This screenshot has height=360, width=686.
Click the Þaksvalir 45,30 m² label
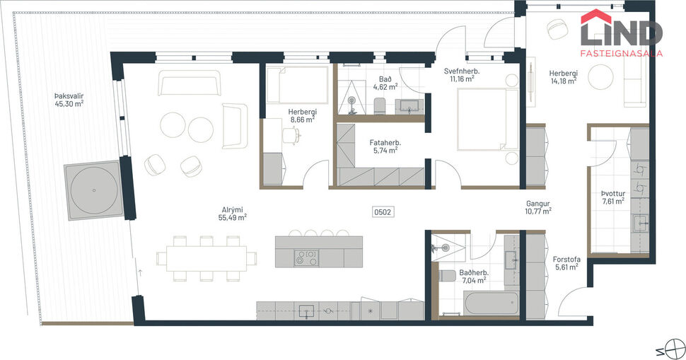point(69,100)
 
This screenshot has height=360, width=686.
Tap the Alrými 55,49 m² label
point(232,214)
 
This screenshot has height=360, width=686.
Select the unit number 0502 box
point(383,211)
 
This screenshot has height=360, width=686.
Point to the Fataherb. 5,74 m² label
point(385,146)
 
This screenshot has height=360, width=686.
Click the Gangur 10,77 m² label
point(538,207)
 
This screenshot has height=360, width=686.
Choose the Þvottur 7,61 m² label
point(612,197)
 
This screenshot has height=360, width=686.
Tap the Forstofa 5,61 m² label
point(566,263)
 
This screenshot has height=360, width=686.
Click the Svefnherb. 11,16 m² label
point(463,75)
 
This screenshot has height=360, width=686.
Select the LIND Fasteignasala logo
point(621,33)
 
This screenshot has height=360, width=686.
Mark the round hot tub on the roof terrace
point(93,190)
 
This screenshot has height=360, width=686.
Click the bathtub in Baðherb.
point(491,304)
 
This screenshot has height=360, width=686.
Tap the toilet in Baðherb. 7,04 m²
point(447,275)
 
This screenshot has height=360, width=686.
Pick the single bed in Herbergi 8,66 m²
point(296,84)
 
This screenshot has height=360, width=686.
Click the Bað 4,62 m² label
point(385,83)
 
